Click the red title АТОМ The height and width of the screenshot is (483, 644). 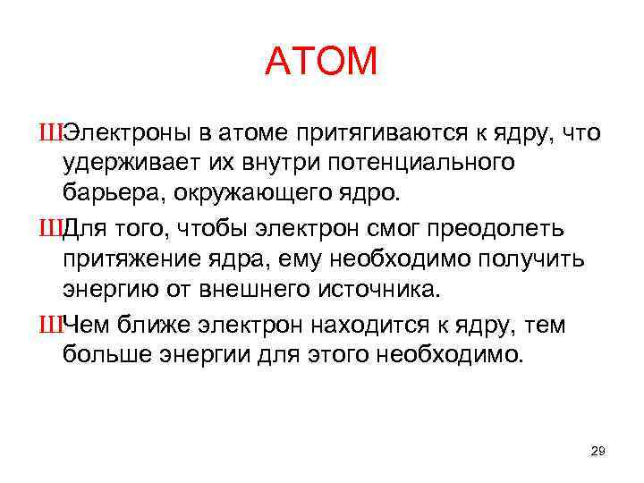coord(322,63)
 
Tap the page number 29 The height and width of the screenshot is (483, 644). coord(598,451)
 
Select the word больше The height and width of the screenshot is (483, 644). coord(109,355)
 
